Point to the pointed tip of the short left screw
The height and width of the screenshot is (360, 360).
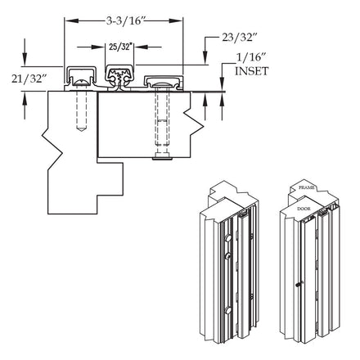(x=81, y=128)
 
